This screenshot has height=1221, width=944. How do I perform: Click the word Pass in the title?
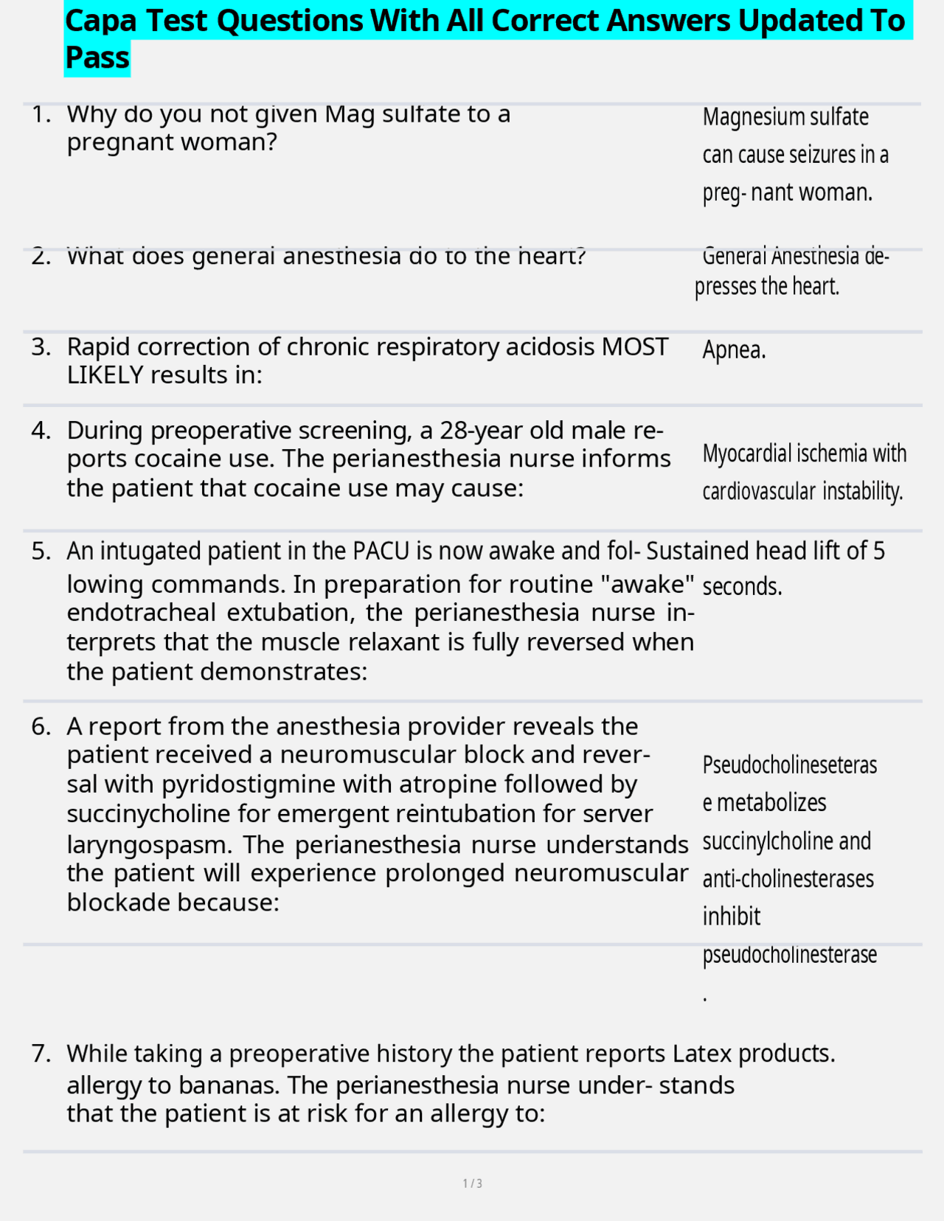[97, 58]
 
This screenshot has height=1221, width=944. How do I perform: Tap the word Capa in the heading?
[100, 21]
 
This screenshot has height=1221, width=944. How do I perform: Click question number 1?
[41, 114]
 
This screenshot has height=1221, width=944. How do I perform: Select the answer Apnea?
[734, 349]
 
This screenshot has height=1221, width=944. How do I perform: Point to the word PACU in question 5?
[379, 551]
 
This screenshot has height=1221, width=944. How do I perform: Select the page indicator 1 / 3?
[472, 1183]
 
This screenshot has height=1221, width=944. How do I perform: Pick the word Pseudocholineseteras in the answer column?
[789, 765]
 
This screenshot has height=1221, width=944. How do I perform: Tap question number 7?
[41, 1054]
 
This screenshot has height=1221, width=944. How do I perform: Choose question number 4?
[41, 431]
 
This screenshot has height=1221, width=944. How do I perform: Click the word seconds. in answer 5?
[742, 587]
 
